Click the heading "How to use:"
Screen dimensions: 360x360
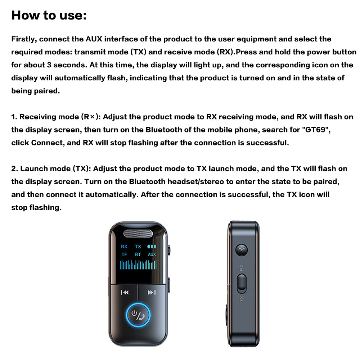pyautogui.click(x=49, y=15)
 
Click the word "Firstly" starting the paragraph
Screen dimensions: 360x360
pyautogui.click(x=24, y=39)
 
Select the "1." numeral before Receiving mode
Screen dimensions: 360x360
pyautogui.click(x=14, y=117)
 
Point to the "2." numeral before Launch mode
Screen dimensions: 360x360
pyautogui.click(x=15, y=168)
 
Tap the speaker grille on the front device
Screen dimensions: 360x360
pyautogui.click(x=138, y=234)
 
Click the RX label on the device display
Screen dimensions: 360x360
pyautogui.click(x=124, y=247)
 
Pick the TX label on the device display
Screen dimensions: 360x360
pyautogui.click(x=138, y=247)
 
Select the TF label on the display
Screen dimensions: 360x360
pyautogui.click(x=124, y=255)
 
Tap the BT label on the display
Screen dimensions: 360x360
pyautogui.click(x=138, y=255)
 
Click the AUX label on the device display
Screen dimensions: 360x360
pyautogui.click(x=152, y=255)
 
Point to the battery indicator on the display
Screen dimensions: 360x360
pyautogui.click(x=152, y=247)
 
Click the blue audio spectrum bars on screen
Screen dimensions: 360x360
pyautogui.click(x=138, y=265)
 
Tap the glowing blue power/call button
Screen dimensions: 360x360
pyautogui.click(x=138, y=314)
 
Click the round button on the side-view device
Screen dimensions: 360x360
pyautogui.click(x=241, y=251)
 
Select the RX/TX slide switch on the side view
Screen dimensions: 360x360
pyautogui.click(x=242, y=283)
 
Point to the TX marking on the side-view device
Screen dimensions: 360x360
pyautogui.click(x=242, y=298)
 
